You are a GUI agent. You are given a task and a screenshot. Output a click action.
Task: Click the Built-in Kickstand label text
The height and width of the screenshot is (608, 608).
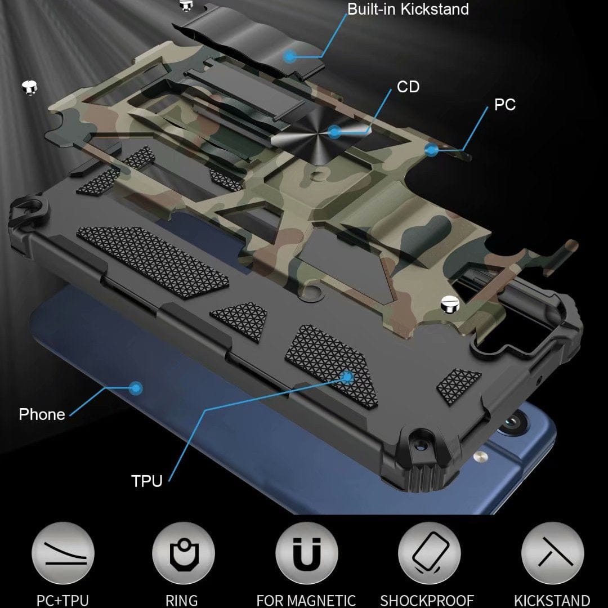click(408, 9)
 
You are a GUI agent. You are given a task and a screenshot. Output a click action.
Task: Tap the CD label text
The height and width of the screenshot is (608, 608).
click(408, 87)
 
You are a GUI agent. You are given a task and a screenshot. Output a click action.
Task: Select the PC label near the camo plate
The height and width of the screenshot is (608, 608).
click(504, 105)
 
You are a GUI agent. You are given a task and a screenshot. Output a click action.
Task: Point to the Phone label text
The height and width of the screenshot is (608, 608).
click(42, 414)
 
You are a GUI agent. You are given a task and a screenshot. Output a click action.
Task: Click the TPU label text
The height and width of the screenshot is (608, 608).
click(146, 481)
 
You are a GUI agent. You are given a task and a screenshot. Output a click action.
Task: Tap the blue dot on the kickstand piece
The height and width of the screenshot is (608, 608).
click(289, 56)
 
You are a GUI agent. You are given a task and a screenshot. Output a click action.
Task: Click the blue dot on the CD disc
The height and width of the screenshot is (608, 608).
click(334, 132)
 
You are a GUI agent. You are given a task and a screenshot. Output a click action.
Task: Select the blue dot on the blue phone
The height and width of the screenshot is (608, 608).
click(135, 387)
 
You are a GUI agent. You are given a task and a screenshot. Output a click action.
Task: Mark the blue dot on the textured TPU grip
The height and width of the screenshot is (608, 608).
click(347, 376)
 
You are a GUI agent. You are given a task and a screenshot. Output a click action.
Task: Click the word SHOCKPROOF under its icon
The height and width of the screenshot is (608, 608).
click(427, 600)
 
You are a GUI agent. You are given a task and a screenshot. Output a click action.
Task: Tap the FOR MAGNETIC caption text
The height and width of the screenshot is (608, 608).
click(306, 600)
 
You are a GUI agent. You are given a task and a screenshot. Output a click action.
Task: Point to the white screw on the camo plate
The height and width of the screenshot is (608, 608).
click(451, 303)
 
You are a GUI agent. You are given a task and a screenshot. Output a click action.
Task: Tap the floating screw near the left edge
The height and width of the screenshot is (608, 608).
click(28, 87)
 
